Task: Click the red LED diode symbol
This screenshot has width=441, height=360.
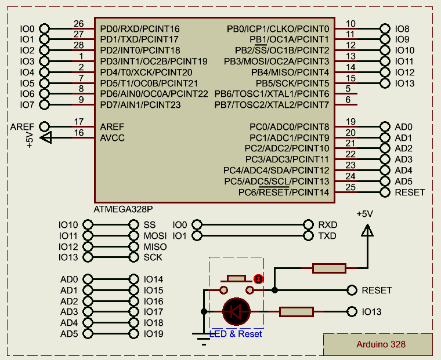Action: point(236,311)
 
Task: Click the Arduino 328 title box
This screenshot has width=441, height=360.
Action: point(378,344)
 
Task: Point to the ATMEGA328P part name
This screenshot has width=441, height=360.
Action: point(123,209)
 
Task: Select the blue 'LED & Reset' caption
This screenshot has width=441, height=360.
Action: point(236,334)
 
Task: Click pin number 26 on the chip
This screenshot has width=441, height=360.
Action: point(78,24)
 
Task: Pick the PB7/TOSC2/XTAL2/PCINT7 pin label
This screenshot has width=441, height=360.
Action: point(272,105)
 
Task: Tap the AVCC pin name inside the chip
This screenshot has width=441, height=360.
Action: point(112,138)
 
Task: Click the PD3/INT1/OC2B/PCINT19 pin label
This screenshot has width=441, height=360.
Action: point(154,61)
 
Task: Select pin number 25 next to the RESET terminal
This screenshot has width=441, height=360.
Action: point(350,187)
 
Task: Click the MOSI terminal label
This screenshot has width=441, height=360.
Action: point(155,236)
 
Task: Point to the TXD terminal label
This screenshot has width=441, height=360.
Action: point(327,236)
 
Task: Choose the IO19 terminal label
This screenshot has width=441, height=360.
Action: point(154,334)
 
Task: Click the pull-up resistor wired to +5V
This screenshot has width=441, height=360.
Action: point(329,268)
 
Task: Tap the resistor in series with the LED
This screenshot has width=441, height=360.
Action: point(297,312)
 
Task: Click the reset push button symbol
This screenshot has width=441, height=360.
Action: point(236,285)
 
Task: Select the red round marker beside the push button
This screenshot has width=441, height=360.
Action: point(258,279)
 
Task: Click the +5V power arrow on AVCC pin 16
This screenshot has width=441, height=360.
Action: point(46,138)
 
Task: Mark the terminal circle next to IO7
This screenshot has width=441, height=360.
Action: point(44,105)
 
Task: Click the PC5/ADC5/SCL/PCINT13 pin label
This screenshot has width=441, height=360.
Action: point(277,181)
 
